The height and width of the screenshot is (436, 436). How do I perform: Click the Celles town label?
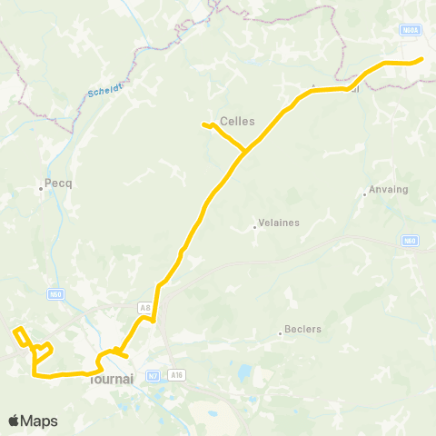[238, 121]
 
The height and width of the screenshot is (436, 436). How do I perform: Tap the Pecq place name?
[59, 183]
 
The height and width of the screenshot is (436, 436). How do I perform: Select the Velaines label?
[279, 222]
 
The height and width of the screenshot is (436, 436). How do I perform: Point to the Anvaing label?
[389, 191]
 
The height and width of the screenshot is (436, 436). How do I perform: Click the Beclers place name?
[303, 329]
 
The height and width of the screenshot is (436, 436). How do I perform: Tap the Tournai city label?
[114, 380]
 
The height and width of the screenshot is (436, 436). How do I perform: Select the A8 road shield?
[144, 308]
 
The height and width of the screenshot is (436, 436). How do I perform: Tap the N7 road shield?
[153, 374]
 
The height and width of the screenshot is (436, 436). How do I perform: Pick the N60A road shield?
[410, 30]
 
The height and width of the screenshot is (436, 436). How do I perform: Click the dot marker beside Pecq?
[41, 189]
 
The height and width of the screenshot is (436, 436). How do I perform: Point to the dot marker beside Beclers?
[280, 333]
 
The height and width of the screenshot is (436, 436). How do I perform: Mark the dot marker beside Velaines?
[254, 227]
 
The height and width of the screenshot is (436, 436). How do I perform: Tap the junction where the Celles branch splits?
[245, 151]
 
